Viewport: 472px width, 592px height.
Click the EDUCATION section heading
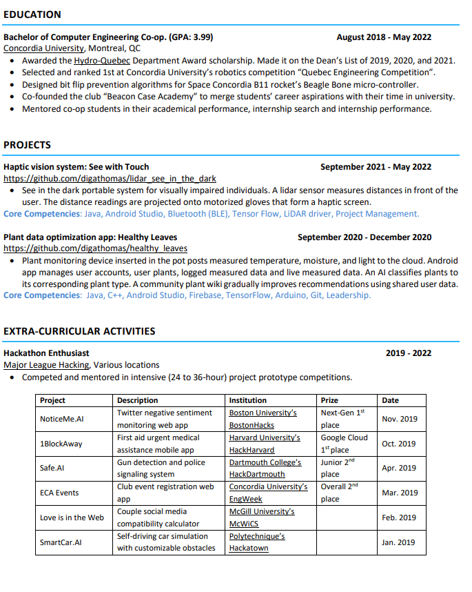pos(32,14)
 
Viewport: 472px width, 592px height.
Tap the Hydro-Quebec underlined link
pos(102,61)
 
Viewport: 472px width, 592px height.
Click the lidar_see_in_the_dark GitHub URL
pos(110,178)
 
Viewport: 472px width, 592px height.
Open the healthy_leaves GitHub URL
pos(95,248)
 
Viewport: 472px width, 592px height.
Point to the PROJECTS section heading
pos(28,145)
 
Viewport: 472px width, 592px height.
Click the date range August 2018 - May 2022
pos(384,37)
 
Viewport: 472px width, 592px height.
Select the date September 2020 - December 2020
pos(365,237)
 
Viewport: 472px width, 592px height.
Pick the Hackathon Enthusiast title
pos(46,353)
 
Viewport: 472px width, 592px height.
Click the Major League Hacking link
pos(46,365)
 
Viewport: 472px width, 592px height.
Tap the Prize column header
pos(329,400)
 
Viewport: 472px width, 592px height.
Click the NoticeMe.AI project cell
pos(61,419)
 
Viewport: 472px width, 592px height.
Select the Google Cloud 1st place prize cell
pos(344,444)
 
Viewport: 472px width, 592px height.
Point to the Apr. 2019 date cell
pos(399,468)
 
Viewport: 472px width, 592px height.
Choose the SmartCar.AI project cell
pos(61,542)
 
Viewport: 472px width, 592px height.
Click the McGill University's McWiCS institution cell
pos(261,517)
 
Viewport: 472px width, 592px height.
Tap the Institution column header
pos(247,400)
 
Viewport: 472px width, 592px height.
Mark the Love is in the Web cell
pos(72,517)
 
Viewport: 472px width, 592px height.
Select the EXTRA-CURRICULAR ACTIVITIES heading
pos(79,331)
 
